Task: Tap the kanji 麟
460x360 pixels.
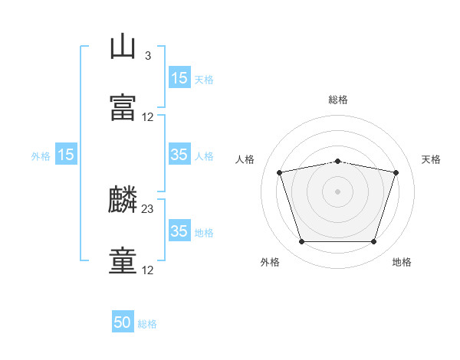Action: tap(123, 201)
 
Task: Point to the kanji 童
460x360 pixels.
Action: tap(123, 260)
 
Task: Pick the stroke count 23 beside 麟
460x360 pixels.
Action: tap(148, 209)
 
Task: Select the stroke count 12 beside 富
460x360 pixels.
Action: tap(148, 117)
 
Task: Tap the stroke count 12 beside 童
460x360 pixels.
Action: tap(148, 270)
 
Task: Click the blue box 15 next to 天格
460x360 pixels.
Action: tap(179, 78)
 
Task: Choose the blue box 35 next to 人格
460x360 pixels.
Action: tap(179, 155)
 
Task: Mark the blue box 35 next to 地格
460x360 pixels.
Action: tap(179, 231)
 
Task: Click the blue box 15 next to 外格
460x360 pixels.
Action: tap(66, 155)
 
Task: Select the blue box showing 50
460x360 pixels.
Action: tap(123, 323)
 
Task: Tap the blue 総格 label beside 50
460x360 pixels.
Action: tap(148, 324)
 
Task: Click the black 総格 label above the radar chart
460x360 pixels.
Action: tap(338, 100)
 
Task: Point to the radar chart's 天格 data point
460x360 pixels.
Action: tap(396, 172)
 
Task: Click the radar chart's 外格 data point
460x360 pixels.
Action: tap(301, 242)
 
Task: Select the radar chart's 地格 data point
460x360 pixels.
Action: tap(373, 242)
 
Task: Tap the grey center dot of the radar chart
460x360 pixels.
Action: tap(338, 191)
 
